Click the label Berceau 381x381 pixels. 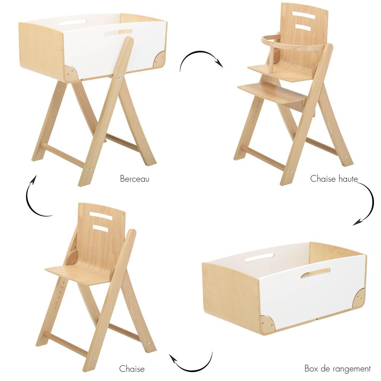(134, 178)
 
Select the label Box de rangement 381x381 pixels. (338, 368)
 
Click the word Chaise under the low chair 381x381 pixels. (132, 368)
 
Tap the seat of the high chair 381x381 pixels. (280, 72)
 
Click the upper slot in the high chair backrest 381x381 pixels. (304, 16)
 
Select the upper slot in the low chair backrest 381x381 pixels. (101, 216)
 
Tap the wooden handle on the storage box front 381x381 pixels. (315, 273)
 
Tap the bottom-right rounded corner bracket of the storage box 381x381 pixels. (359, 298)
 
